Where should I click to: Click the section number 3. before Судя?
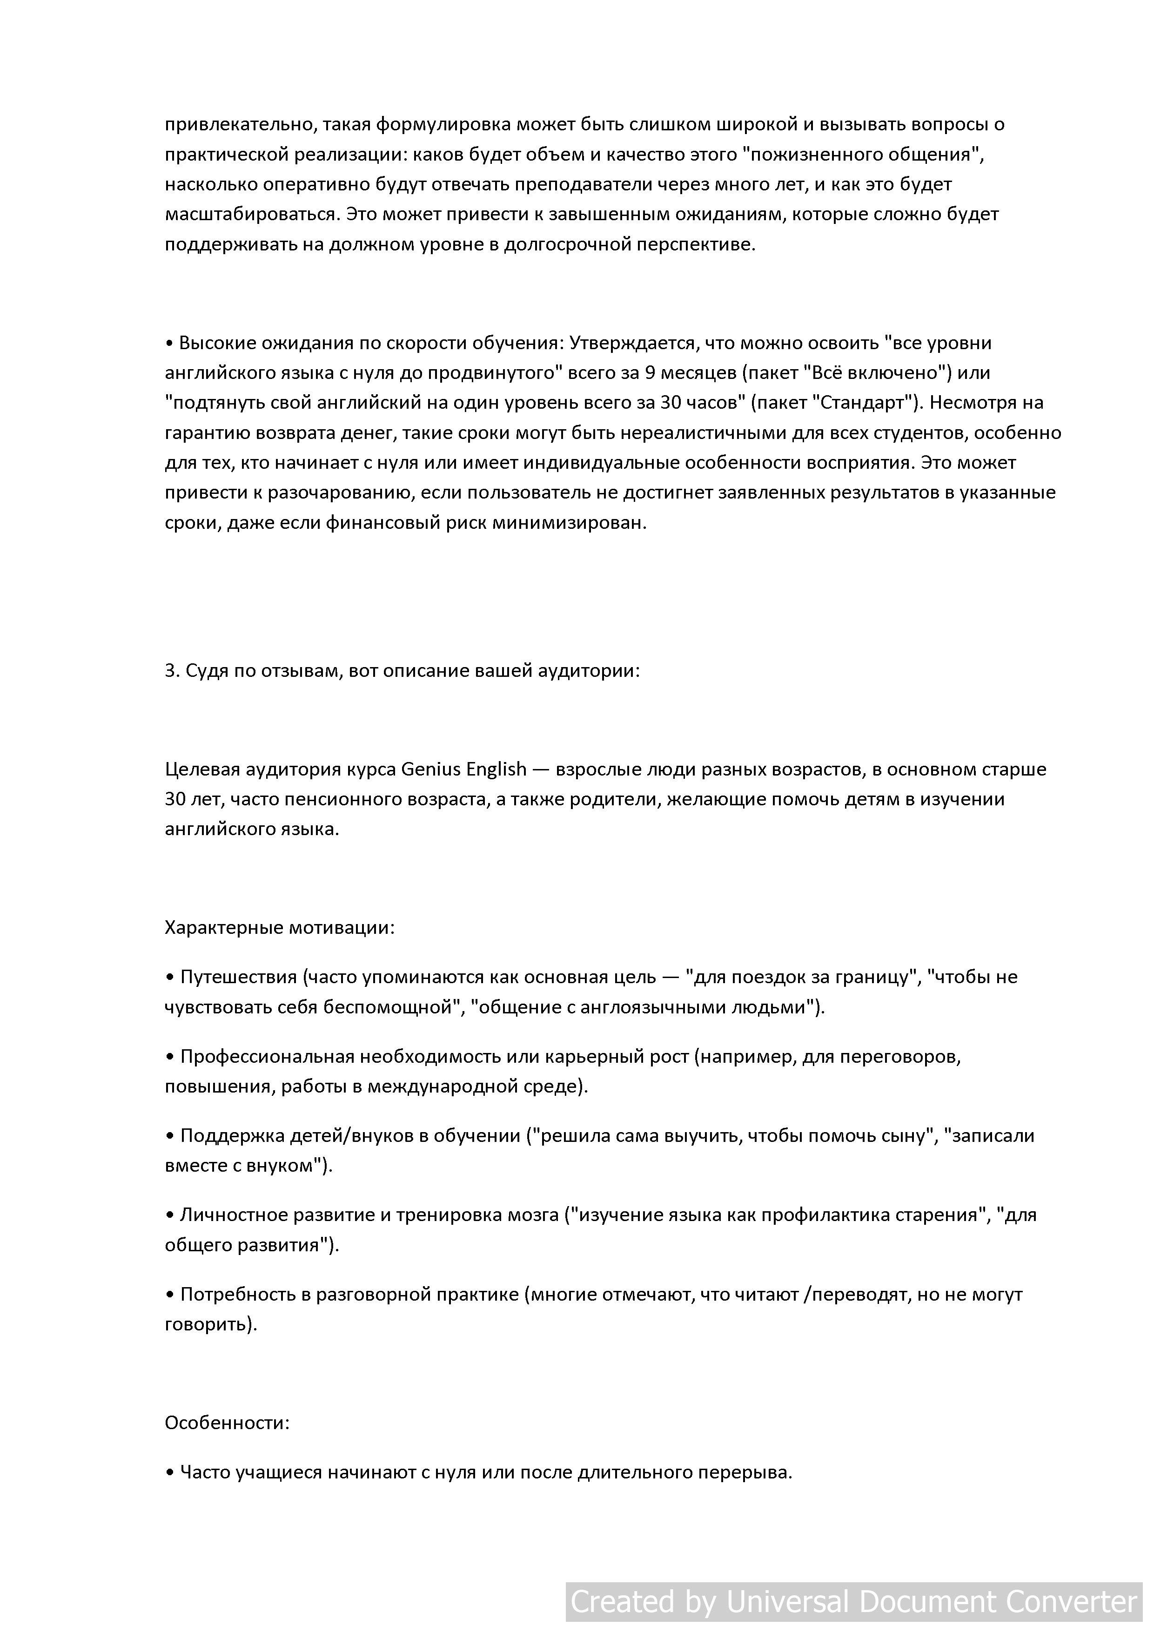(x=172, y=671)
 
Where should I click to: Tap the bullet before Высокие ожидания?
(x=169, y=343)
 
